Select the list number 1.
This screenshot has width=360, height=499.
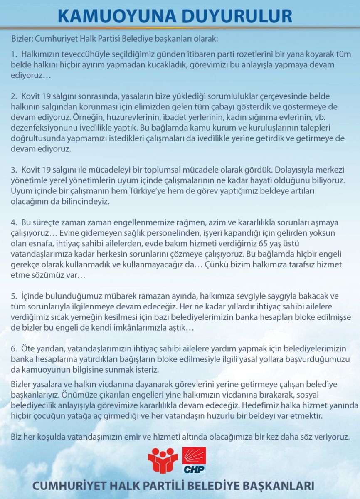[x=14, y=54]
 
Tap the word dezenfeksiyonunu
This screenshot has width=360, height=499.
[x=44, y=124]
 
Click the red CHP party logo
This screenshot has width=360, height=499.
[x=194, y=460]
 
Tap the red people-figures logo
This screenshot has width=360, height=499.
[x=163, y=460]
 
